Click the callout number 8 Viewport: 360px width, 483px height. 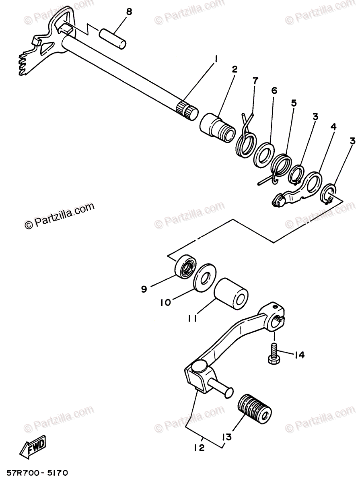pyautogui.click(x=129, y=12)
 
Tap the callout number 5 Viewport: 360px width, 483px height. pyautogui.click(x=294, y=103)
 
